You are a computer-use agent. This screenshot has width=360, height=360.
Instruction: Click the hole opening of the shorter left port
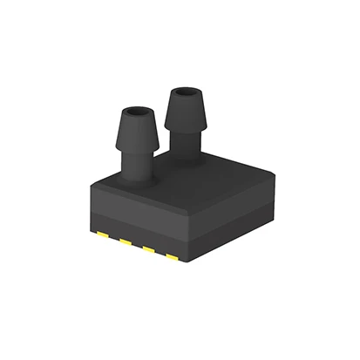(137, 113)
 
